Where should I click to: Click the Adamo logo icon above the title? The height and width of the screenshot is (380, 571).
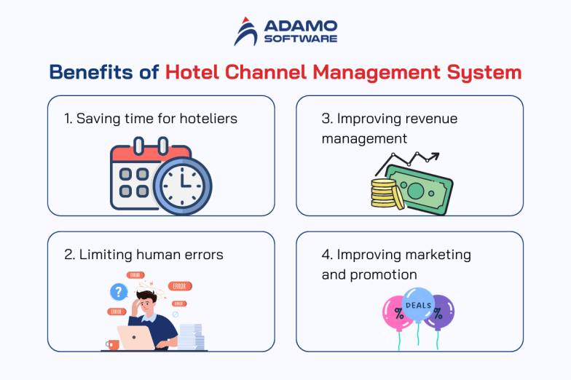pyautogui.click(x=247, y=31)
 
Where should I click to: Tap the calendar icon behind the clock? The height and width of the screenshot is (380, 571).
pyautogui.click(x=138, y=175)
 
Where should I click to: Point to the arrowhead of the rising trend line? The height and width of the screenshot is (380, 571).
pyautogui.click(x=435, y=156)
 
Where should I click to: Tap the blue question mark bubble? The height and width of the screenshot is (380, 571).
pyautogui.click(x=118, y=293)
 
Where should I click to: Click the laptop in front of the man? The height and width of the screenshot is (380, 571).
pyautogui.click(x=136, y=338)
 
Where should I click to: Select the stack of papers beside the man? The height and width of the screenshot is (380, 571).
pyautogui.click(x=192, y=337)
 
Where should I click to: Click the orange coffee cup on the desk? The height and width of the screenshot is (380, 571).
pyautogui.click(x=113, y=345)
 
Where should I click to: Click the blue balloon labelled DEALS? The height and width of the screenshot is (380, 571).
pyautogui.click(x=418, y=308)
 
